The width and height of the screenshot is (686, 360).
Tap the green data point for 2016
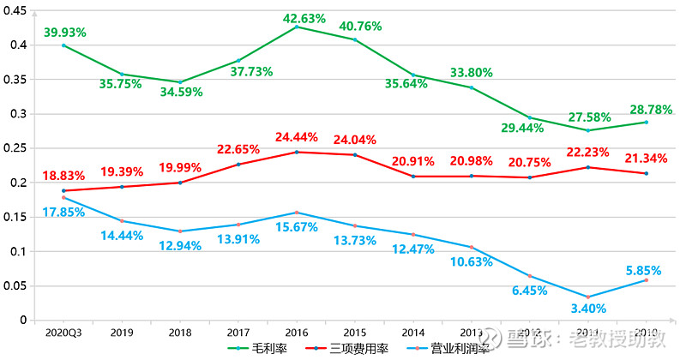pyautogui.click(x=297, y=27)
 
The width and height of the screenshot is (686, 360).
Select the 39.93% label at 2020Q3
pyautogui.click(x=64, y=33)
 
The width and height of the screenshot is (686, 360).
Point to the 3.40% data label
pyautogui.click(x=588, y=309)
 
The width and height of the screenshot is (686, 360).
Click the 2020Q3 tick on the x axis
pyautogui.click(x=63, y=332)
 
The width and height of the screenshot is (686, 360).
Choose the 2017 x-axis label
pyautogui.click(x=238, y=332)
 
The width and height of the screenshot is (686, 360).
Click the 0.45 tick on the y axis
pyautogui.click(x=15, y=10)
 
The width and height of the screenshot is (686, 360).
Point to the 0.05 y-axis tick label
pyautogui.click(x=15, y=286)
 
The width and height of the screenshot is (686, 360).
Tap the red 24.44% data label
pyautogui.click(x=296, y=137)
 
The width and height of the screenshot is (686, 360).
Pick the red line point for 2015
pyautogui.click(x=355, y=155)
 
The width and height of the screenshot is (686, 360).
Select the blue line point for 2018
pyautogui.click(x=180, y=231)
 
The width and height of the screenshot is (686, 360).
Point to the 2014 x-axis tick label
pyautogui.click(x=412, y=332)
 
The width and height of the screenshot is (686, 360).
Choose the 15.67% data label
pyautogui.click(x=296, y=227)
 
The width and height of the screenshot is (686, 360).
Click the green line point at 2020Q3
pyautogui.click(x=63, y=45)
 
